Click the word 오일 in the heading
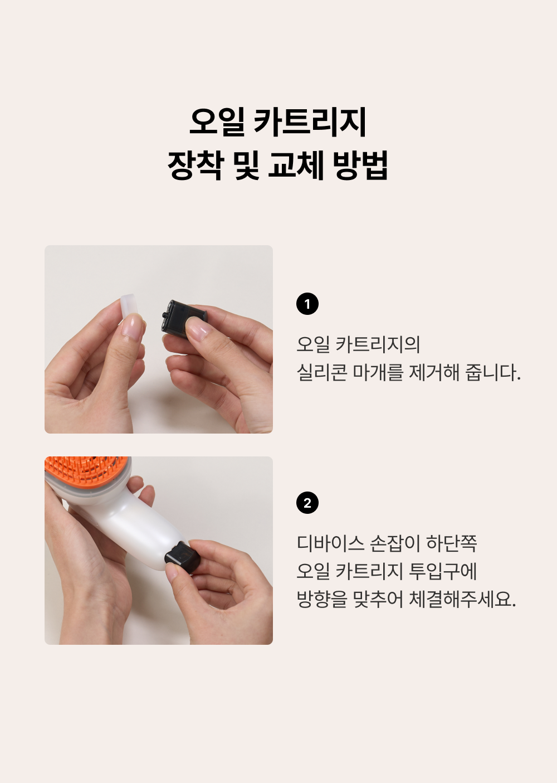click(x=217, y=122)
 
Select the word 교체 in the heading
click(x=296, y=166)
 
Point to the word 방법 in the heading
click(x=360, y=166)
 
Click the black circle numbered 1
click(x=307, y=304)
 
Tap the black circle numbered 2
click(x=307, y=503)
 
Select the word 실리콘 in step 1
click(x=322, y=372)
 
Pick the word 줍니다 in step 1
click(x=491, y=372)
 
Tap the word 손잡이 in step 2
click(x=394, y=543)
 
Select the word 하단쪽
click(x=452, y=543)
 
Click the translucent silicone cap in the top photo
click(x=129, y=307)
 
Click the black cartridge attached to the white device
click(x=182, y=557)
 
